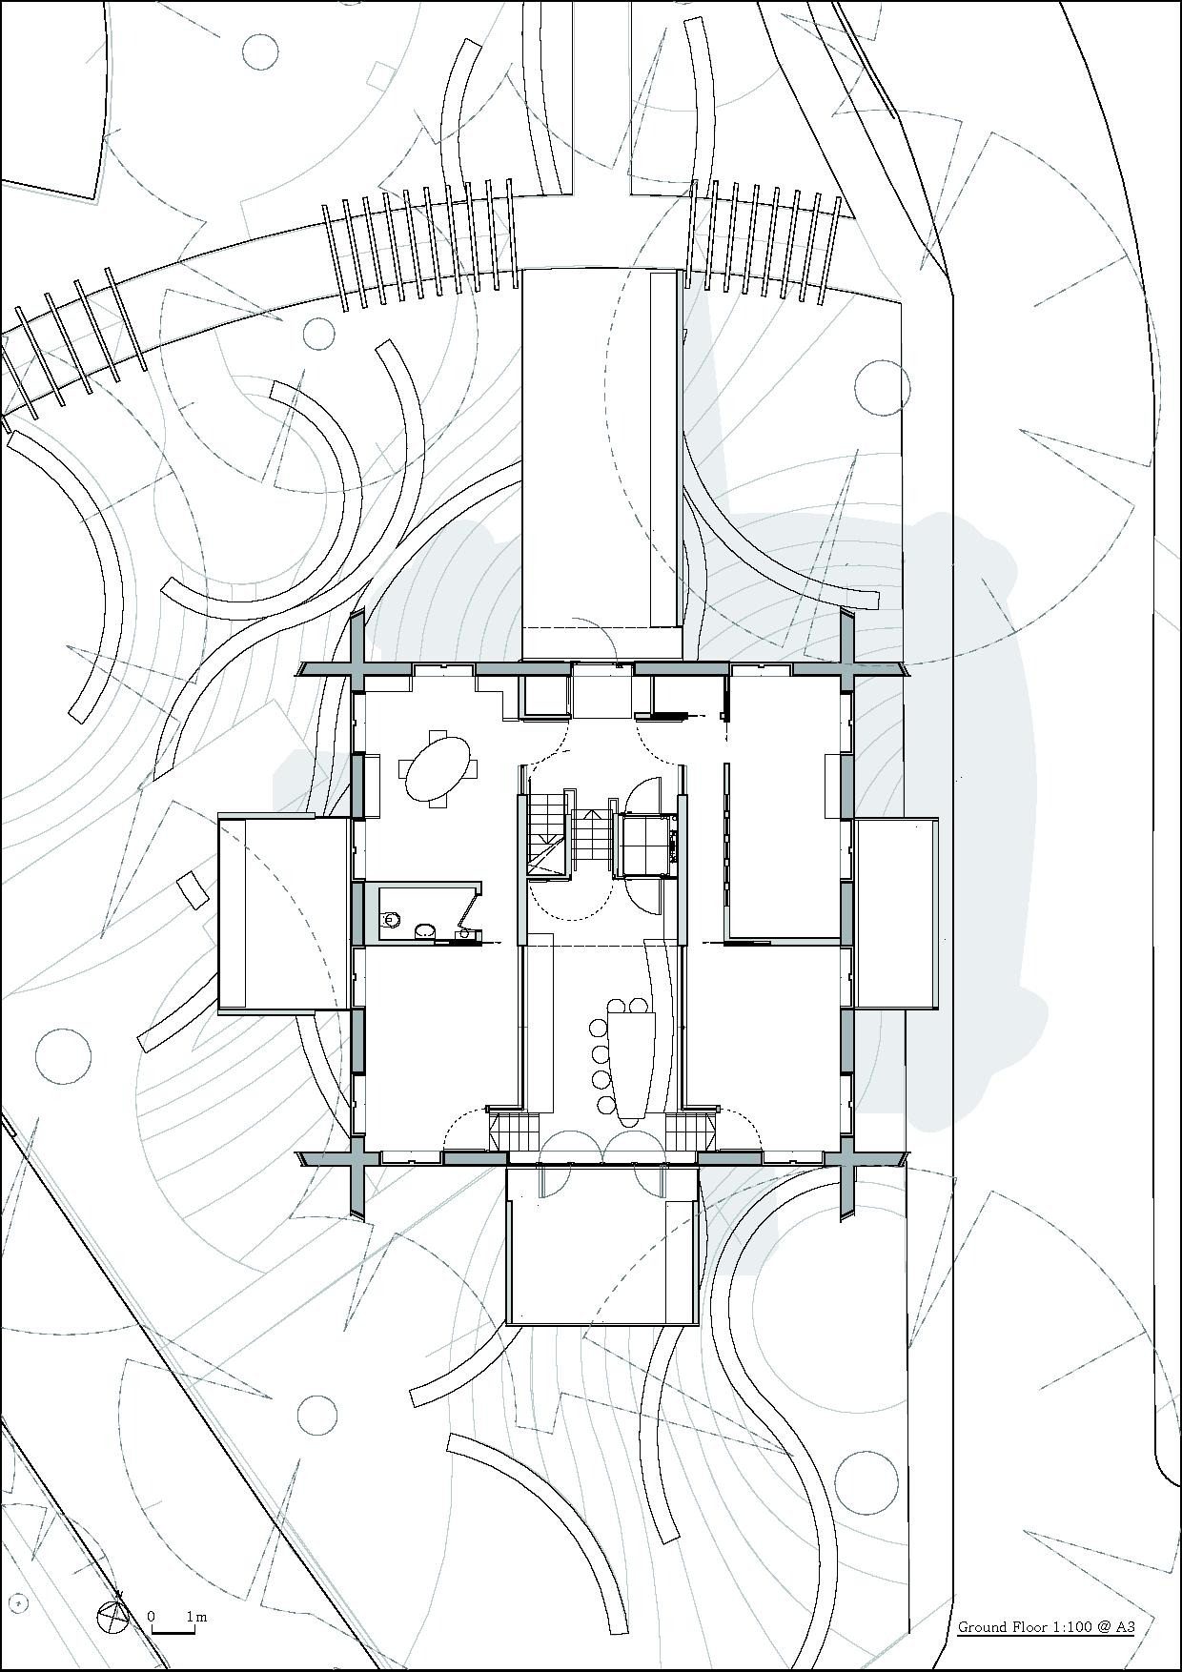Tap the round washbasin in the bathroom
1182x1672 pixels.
click(x=426, y=928)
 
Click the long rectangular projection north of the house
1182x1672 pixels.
click(x=602, y=463)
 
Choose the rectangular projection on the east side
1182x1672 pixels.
click(x=897, y=913)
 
